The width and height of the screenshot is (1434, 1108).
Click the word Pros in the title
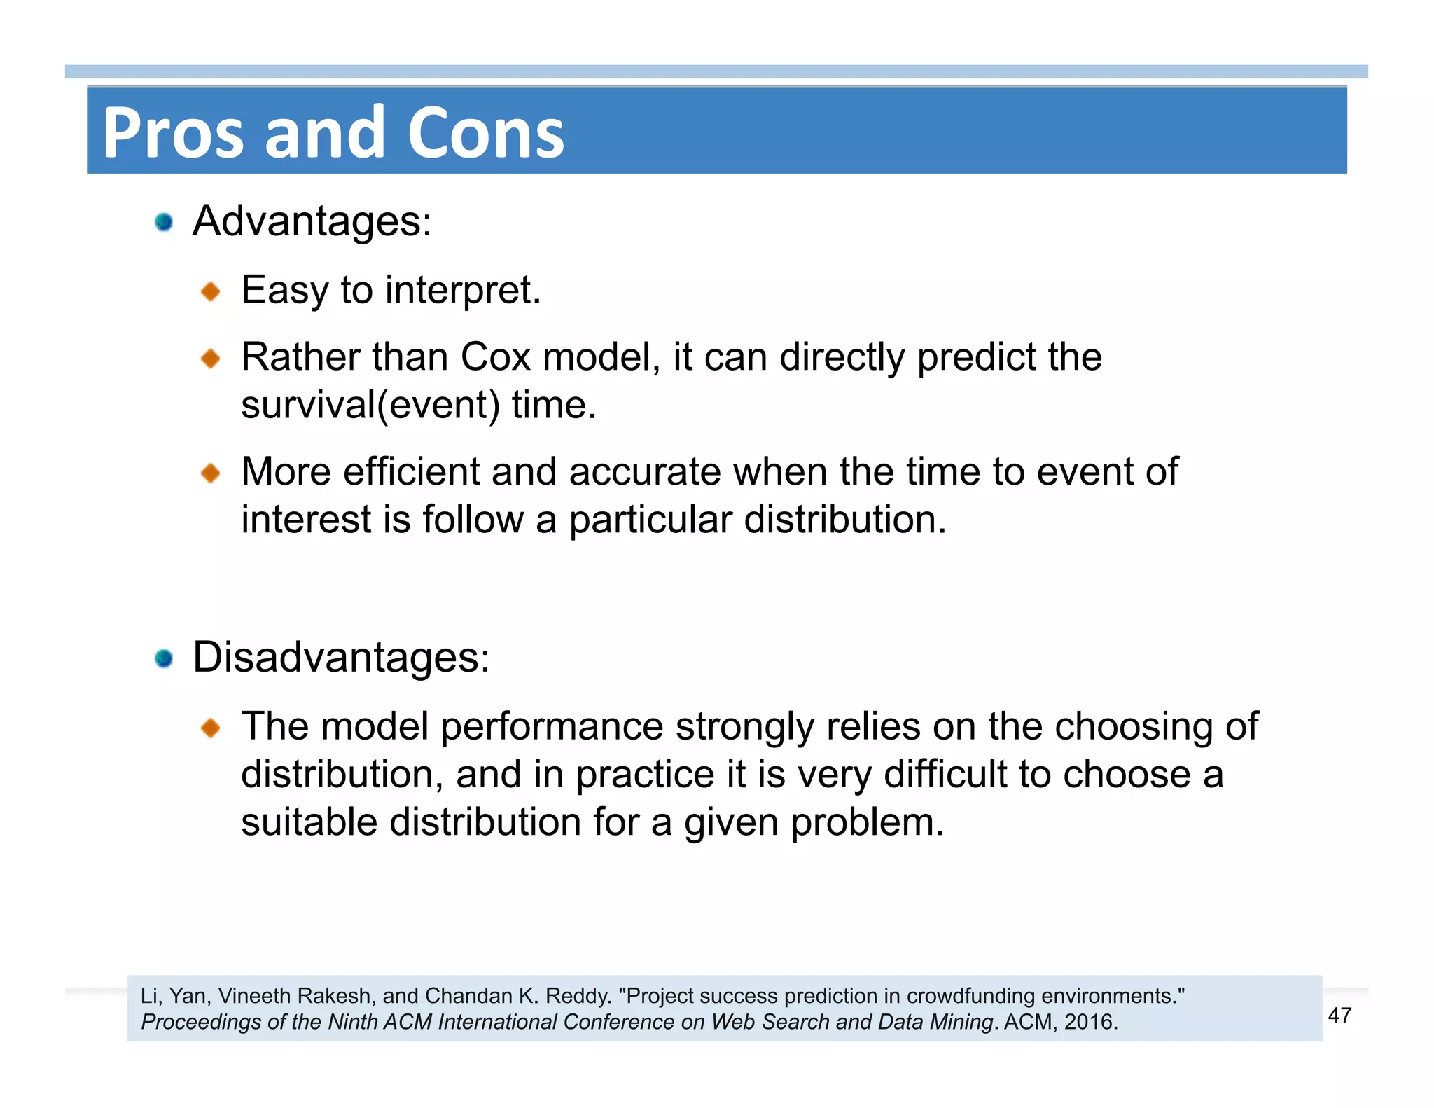tap(173, 133)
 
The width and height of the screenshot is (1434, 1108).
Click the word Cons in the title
tap(485, 133)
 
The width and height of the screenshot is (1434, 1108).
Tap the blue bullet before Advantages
tap(164, 222)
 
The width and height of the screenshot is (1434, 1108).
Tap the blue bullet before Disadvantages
tap(164, 658)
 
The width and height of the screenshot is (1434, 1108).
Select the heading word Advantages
tap(312, 222)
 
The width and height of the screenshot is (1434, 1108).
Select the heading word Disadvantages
tap(341, 658)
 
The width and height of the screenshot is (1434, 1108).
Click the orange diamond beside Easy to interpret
tap(210, 291)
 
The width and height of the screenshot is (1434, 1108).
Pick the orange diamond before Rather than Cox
tap(210, 359)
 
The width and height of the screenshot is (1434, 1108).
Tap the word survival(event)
tap(370, 405)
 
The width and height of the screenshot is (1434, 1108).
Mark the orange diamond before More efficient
tap(210, 473)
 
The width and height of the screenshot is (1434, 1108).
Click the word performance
tap(552, 726)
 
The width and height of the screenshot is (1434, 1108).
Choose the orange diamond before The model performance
tap(210, 728)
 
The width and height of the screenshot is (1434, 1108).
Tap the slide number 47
tap(1339, 1016)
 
